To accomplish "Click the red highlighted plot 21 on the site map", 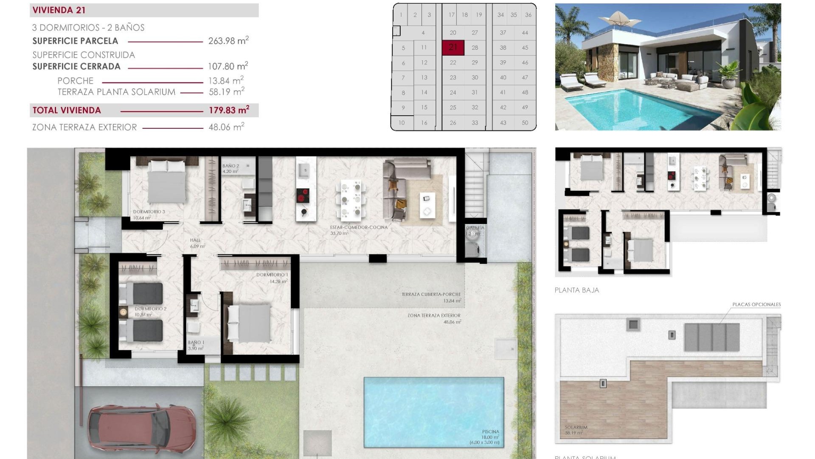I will pos(453,48).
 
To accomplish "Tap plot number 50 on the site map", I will pos(525,123).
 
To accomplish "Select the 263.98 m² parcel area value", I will pos(228,41).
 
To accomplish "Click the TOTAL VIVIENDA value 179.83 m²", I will pos(228,110).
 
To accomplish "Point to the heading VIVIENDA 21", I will pos(59,10).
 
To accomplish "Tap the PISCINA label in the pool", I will pos(490,432).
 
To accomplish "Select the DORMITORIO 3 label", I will pos(149,212).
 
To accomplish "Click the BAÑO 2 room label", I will pos(230,166).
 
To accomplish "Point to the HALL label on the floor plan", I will pos(195,240).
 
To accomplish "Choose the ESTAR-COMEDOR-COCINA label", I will pos(359,227).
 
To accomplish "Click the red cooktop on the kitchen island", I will pos(303,195).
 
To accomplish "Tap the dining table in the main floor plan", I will pos(351,198).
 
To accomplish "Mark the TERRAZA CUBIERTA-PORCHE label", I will pos(431,294).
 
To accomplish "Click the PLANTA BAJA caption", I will pos(576,290).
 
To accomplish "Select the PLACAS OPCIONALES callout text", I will pos(756,304).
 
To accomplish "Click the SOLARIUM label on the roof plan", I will pos(576,428).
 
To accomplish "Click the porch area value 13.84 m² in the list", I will pos(225,81).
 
